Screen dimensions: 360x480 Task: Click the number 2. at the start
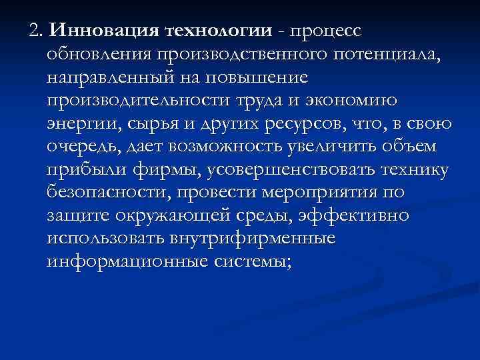point(35,31)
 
